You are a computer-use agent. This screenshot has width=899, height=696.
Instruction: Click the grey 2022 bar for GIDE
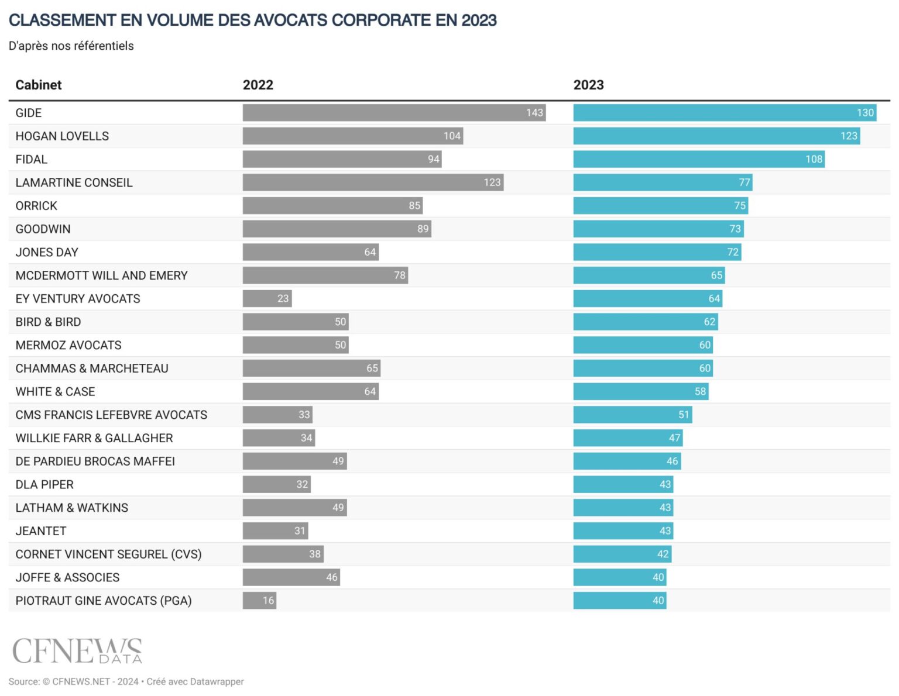(x=393, y=113)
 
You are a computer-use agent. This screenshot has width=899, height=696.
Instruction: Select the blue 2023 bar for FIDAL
(x=698, y=159)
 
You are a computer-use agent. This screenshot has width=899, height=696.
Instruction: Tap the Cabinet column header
(x=39, y=85)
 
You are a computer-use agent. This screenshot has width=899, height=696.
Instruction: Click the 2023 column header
(x=588, y=85)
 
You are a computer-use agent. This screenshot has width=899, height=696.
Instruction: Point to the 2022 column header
(x=258, y=85)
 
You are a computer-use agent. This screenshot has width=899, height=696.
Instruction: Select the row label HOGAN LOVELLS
(x=62, y=136)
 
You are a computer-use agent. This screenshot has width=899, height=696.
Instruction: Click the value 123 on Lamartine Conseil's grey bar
(x=492, y=182)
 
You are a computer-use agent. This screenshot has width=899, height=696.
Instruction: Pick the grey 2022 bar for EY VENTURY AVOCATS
(x=267, y=299)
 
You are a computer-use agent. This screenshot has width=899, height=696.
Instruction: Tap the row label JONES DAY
(x=47, y=252)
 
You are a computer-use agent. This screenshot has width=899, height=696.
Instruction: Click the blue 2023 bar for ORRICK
(x=660, y=206)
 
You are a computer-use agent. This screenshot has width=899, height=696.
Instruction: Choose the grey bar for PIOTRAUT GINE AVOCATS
(x=259, y=601)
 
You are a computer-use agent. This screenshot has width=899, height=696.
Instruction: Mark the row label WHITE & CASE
(x=55, y=392)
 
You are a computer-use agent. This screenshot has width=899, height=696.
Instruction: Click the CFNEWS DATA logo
(x=77, y=651)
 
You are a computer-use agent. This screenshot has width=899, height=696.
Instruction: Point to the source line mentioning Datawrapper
(x=126, y=681)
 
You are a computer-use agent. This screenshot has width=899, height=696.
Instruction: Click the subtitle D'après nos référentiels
(x=71, y=46)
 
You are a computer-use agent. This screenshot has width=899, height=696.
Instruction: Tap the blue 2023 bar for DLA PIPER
(x=623, y=484)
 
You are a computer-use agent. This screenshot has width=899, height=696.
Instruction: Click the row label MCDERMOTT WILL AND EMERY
(x=101, y=275)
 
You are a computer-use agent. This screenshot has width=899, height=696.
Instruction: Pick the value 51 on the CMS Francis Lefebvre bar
(x=683, y=415)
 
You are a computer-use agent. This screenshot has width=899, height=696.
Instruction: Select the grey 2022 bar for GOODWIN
(x=337, y=229)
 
